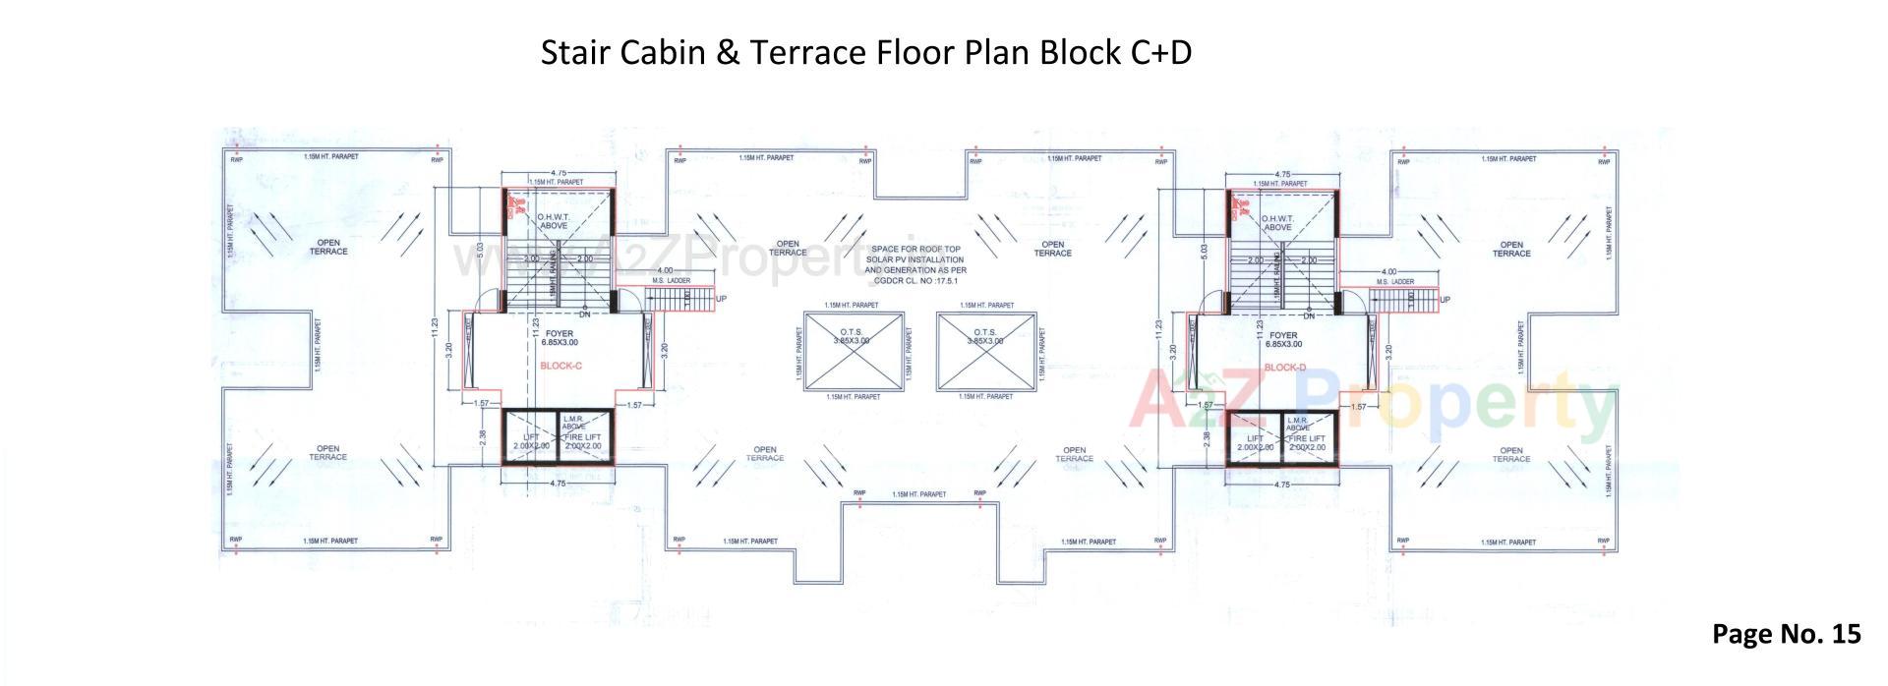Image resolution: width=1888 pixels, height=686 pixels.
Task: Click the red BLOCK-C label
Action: click(561, 366)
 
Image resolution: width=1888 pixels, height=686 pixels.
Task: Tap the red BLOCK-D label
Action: click(1284, 368)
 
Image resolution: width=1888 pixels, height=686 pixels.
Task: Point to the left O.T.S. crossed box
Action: click(853, 350)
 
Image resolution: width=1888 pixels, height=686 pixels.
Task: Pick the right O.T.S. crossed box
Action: click(985, 350)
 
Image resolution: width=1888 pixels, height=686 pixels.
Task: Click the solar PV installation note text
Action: click(915, 263)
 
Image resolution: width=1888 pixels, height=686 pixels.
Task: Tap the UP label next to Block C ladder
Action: click(722, 298)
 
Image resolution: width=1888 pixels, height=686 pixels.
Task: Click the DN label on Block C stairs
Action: click(584, 314)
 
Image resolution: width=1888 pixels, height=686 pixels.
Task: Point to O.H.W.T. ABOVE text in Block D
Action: click(1277, 222)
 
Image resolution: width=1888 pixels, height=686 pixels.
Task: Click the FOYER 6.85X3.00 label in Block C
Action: click(560, 338)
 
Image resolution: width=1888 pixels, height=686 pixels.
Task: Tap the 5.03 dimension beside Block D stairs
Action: click(1205, 251)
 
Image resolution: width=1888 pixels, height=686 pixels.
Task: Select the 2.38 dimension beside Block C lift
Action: click(482, 435)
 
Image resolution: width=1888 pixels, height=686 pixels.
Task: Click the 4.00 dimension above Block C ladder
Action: click(666, 270)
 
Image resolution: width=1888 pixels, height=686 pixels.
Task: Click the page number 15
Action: click(1846, 634)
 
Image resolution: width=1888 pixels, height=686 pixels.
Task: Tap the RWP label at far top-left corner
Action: click(236, 159)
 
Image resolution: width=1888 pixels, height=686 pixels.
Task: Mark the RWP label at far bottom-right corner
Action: click(1604, 542)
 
